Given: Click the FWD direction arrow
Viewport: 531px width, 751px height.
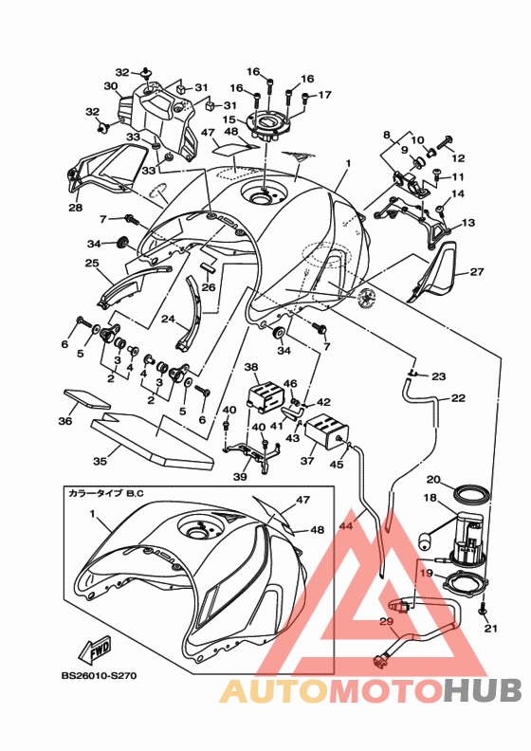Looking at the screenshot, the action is click(x=94, y=650).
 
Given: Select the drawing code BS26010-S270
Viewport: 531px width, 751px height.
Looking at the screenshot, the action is click(x=99, y=676).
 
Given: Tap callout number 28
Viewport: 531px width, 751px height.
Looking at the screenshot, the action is click(x=76, y=208).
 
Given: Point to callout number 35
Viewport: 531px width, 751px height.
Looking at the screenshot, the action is click(x=100, y=461).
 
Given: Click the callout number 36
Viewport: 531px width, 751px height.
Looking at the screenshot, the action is click(x=65, y=420).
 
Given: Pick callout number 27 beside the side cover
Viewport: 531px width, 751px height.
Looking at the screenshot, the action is click(x=477, y=271).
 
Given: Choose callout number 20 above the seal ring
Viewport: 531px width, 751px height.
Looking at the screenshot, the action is click(x=432, y=480).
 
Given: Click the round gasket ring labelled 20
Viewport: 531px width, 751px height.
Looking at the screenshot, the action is click(x=471, y=495).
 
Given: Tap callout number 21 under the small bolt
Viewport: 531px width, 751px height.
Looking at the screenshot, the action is click(x=491, y=629).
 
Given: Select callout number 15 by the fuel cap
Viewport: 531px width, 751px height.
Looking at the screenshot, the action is click(x=229, y=119).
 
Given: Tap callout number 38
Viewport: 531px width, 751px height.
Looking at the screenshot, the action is click(x=251, y=367).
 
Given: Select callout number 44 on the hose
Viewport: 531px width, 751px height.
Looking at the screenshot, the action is click(x=347, y=525).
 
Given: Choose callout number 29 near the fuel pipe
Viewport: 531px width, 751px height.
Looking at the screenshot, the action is click(x=387, y=622).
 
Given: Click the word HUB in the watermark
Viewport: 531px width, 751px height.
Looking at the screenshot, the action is click(x=482, y=691).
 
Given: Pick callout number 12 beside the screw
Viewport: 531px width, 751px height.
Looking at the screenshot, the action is click(x=458, y=157).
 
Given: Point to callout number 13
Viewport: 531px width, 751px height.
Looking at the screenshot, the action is click(x=468, y=223).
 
